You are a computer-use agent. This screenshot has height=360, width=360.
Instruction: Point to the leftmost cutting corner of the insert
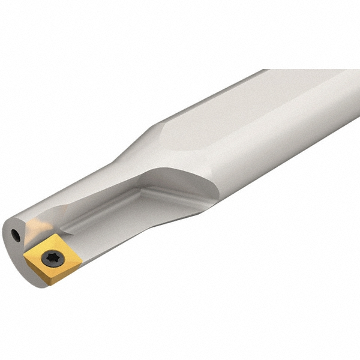point(25,256)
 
